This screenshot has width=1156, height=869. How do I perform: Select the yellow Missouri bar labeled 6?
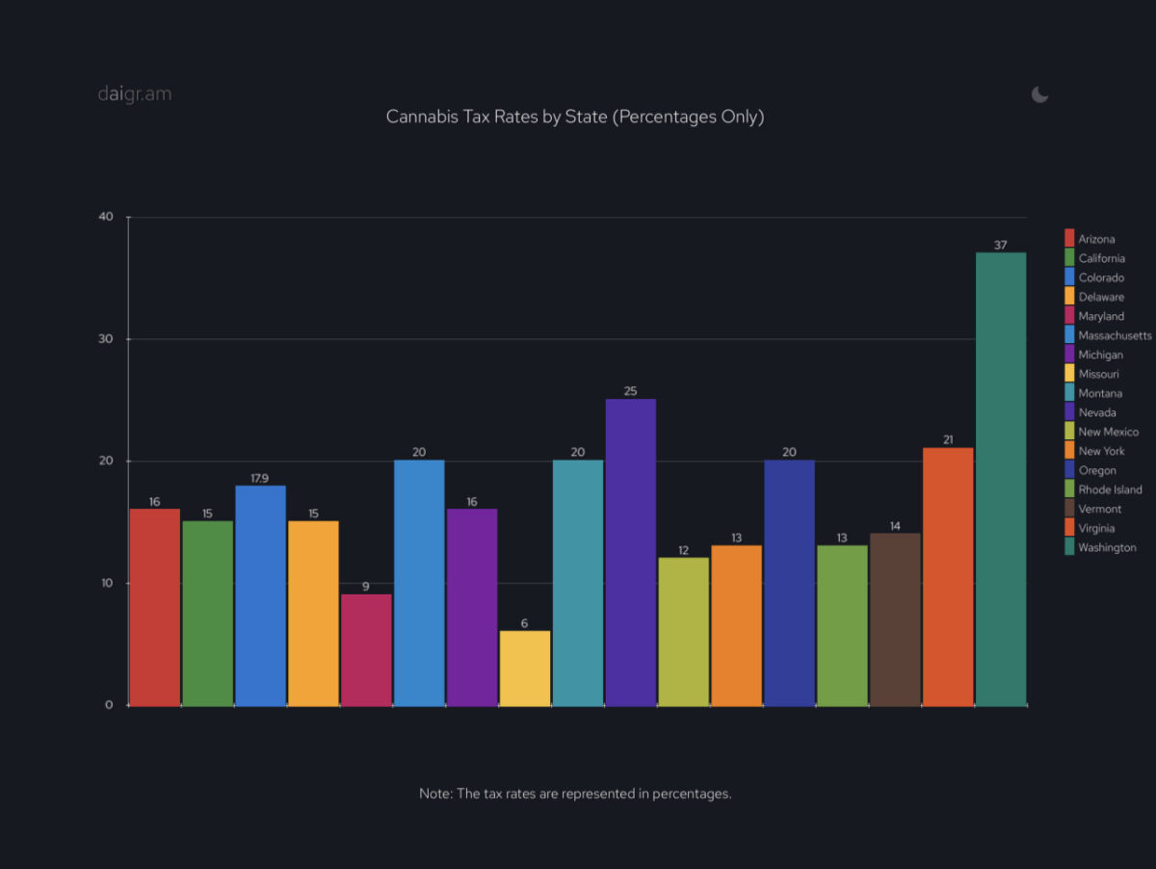[x=525, y=669]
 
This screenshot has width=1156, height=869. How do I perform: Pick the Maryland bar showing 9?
[x=366, y=650]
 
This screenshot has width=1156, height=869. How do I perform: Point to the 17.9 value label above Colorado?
[x=260, y=477]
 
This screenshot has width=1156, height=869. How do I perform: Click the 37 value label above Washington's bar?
[x=1001, y=245]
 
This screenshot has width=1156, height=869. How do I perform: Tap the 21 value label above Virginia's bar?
[x=948, y=440]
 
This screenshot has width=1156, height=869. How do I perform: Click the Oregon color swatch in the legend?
[x=1069, y=470]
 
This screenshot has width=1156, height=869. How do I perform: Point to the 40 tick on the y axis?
[x=106, y=217]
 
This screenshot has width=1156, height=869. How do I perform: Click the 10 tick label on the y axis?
[x=107, y=583]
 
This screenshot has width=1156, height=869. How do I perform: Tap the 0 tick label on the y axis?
[x=109, y=705]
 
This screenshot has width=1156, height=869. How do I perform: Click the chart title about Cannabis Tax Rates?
[x=575, y=117]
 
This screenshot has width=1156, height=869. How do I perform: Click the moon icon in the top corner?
[x=1039, y=94]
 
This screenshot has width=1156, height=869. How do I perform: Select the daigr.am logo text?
[x=135, y=94]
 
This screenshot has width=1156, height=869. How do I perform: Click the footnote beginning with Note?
[x=575, y=794]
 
